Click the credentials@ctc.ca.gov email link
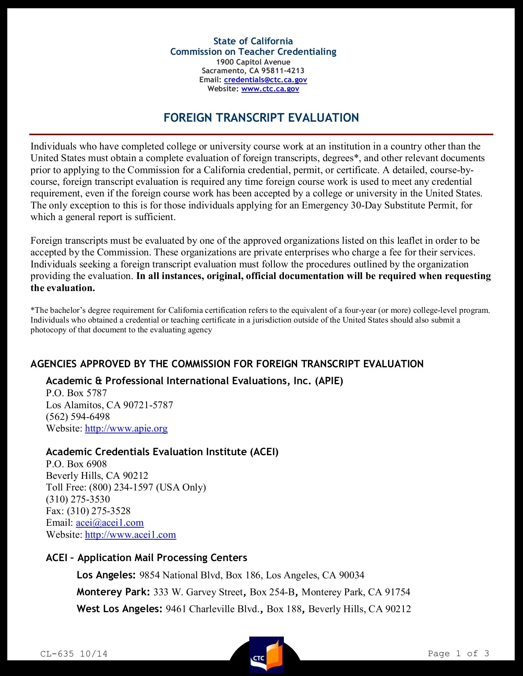click(x=265, y=80)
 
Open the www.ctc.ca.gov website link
click(x=270, y=89)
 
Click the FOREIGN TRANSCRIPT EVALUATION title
click(x=261, y=118)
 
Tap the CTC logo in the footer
click(x=266, y=655)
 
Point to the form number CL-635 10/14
click(x=74, y=654)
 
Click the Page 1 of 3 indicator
click(x=458, y=653)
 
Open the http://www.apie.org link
click(x=126, y=429)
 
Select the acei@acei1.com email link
click(x=109, y=523)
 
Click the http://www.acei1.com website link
click(x=130, y=535)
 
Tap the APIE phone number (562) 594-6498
click(x=78, y=417)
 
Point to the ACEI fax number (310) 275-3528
click(x=99, y=511)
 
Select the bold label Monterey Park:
click(x=113, y=592)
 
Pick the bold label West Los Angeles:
click(x=120, y=609)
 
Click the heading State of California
click(x=253, y=41)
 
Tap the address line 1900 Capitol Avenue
click(x=253, y=62)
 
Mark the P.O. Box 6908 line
click(x=76, y=464)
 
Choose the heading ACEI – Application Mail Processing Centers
click(x=146, y=558)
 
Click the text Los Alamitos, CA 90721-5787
click(x=109, y=405)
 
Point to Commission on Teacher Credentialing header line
click(x=253, y=52)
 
